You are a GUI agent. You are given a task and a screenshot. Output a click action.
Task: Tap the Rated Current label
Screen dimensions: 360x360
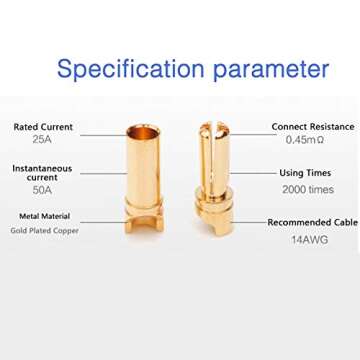[x=41, y=127]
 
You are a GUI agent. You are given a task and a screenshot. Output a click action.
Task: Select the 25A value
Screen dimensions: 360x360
[x=41, y=143]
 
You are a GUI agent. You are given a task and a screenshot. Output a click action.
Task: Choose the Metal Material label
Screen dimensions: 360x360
[x=42, y=216]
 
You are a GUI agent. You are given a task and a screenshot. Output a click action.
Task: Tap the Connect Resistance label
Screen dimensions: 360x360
[x=313, y=127]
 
